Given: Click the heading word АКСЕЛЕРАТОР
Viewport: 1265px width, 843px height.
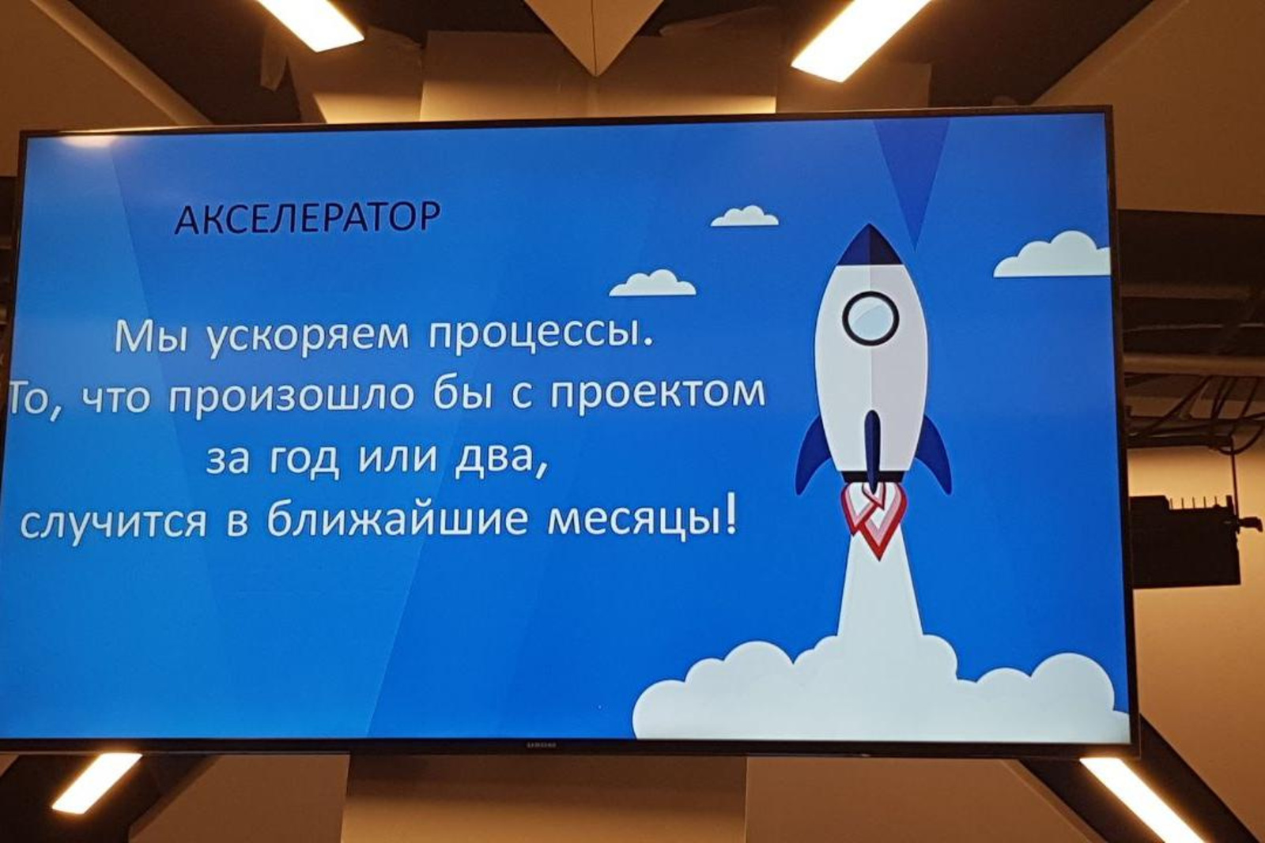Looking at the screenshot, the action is pos(308,218).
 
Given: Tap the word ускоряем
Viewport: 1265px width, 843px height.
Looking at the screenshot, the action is pos(308,339).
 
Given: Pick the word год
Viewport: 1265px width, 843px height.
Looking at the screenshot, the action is pos(303,461).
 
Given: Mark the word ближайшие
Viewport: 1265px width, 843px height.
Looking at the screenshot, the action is pos(397,518).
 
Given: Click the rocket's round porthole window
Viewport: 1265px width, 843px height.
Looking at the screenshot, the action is pos(870,318).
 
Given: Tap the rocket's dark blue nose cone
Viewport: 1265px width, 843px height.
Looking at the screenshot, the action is pos(869,244).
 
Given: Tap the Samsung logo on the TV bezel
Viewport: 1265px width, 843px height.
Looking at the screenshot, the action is pos(542,745).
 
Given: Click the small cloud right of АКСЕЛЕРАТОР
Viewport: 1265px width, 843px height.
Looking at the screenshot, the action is pos(744,216).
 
